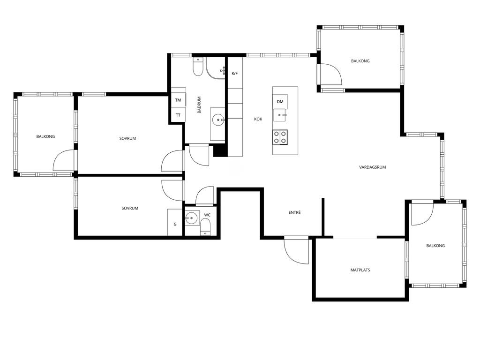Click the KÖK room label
[x=258, y=119]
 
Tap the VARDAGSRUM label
[x=372, y=167]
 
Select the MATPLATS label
[x=360, y=270]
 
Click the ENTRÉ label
[x=294, y=212]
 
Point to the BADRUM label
[x=199, y=105]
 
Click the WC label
[x=207, y=215]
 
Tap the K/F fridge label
[x=235, y=74]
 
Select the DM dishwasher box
[x=280, y=102]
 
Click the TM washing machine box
[x=178, y=100]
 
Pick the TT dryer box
[x=178, y=115]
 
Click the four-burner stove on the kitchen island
[x=280, y=137]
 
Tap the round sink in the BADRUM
[x=218, y=120]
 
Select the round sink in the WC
[x=192, y=218]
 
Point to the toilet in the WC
[x=205, y=228]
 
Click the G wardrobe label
[x=175, y=224]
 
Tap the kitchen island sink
[x=280, y=115]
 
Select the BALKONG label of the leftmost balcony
[x=45, y=136]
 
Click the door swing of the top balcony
[x=330, y=74]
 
